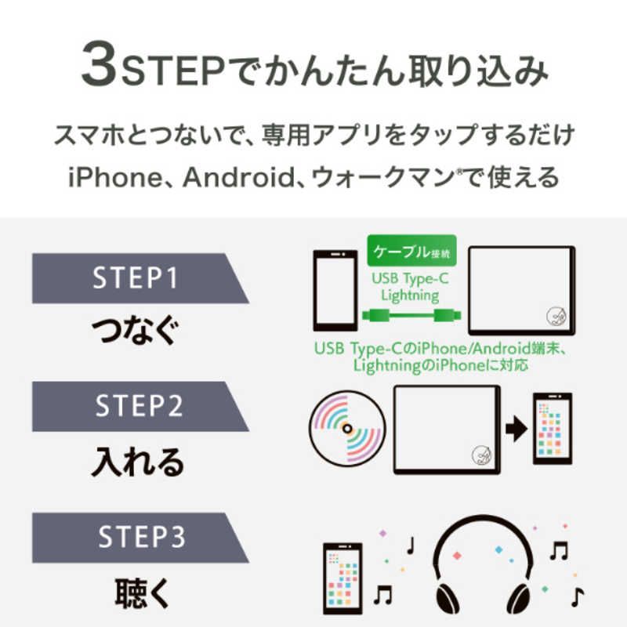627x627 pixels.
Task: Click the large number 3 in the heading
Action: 99,64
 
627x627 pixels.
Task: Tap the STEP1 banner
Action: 140,278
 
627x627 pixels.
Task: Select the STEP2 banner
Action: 140,406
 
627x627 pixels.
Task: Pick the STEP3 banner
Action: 140,538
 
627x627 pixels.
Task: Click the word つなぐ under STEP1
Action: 135,330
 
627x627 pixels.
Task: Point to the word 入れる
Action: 138,462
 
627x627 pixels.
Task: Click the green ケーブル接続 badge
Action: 411,251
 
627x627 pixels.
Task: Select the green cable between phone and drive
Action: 411,316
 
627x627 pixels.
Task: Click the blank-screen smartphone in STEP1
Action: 335,291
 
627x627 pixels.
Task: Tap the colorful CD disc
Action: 347,429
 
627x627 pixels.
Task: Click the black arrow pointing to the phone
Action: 516,429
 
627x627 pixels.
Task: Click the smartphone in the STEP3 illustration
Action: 342,578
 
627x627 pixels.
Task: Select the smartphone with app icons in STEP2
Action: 553,429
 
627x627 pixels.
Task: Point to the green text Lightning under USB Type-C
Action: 410,296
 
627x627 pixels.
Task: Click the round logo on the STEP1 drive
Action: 556,317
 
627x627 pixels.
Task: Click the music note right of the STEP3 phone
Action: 382,594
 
